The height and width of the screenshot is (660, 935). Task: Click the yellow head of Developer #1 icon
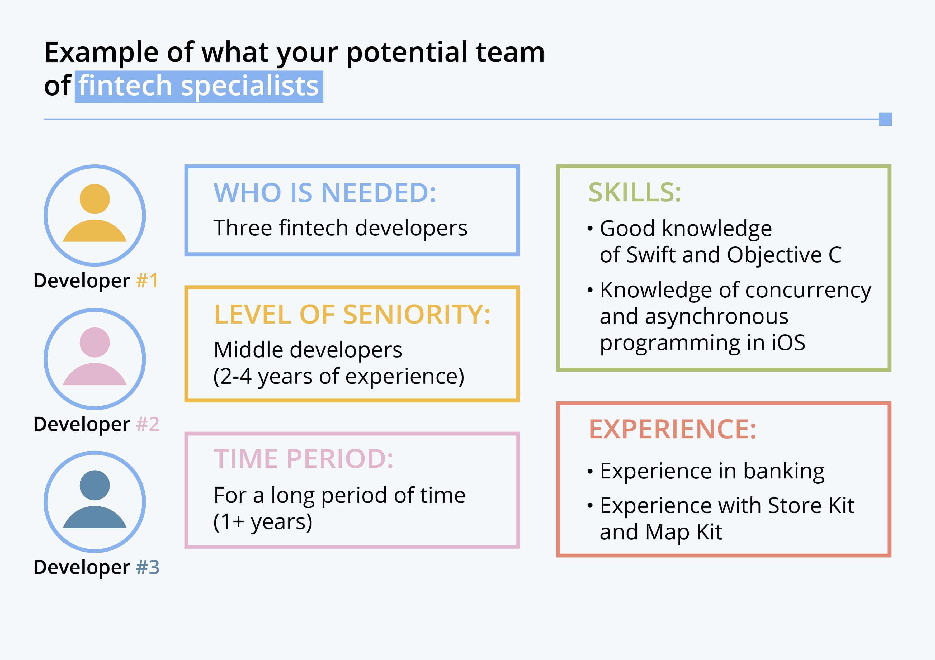pyautogui.click(x=95, y=199)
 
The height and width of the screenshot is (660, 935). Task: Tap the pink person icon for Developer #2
pyautogui.click(x=95, y=358)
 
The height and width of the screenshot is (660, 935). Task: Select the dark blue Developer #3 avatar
pyautogui.click(x=95, y=502)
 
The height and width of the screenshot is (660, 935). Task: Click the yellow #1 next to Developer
pyautogui.click(x=147, y=281)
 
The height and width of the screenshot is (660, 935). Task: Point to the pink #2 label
pyautogui.click(x=147, y=424)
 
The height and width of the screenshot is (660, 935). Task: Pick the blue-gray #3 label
pyautogui.click(x=147, y=567)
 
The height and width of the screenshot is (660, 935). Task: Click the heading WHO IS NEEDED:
pyautogui.click(x=325, y=193)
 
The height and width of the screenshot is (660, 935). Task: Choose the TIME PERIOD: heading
pyautogui.click(x=303, y=459)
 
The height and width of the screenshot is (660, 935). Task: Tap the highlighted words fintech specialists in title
pyautogui.click(x=199, y=86)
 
